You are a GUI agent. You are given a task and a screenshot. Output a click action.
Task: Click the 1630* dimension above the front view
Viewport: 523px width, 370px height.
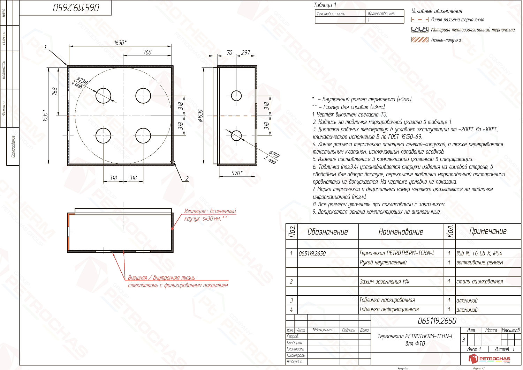tap(120, 43)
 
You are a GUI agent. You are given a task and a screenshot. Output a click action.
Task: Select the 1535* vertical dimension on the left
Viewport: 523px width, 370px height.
tap(45, 116)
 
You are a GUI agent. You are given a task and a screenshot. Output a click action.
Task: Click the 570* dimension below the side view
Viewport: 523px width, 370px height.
tap(237, 173)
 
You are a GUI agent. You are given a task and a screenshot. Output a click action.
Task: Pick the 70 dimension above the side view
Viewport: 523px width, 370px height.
tap(229, 53)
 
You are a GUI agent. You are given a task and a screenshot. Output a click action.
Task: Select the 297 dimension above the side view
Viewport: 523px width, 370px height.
tap(246, 53)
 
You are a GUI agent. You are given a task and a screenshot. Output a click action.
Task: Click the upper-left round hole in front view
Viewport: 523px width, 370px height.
tap(103, 96)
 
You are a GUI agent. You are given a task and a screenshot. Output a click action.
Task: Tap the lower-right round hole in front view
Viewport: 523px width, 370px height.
tap(143, 135)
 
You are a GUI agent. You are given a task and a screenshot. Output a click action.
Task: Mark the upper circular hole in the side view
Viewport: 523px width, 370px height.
tap(236, 96)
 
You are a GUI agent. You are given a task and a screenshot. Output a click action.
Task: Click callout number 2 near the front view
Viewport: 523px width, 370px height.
tap(187, 178)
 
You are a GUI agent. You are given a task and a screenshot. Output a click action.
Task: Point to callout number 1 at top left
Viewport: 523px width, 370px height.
tap(45, 47)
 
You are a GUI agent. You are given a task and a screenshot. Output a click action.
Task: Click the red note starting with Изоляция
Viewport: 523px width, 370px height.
tap(210, 215)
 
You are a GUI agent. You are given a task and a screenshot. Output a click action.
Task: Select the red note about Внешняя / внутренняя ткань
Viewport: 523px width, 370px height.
tap(178, 281)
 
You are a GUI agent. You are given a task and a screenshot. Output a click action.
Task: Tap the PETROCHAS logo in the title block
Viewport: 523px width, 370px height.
tap(490, 358)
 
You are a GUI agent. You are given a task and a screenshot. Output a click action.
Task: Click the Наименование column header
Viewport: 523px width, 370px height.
tap(401, 232)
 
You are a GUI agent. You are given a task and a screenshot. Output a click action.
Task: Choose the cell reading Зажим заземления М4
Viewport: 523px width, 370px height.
tap(384, 282)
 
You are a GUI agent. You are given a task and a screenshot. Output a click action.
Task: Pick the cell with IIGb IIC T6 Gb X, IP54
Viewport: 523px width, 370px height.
tap(479, 253)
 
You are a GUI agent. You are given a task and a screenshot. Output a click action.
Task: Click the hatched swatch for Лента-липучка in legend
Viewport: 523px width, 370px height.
tap(420, 40)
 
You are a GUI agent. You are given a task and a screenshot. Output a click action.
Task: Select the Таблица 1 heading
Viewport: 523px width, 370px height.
tap(325, 5)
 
